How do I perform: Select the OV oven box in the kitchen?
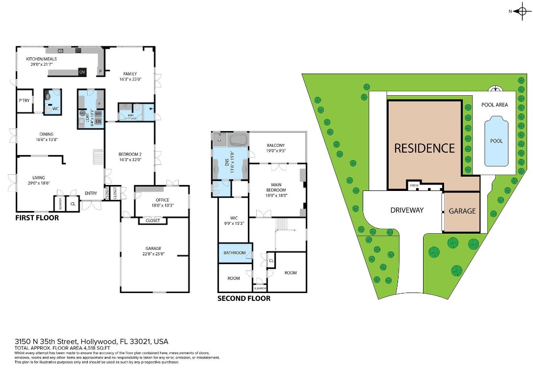click(82, 72)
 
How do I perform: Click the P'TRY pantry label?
click(24, 100)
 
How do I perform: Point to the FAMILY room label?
click(130, 74)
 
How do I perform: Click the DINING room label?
click(47, 134)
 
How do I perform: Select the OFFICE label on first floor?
click(162, 200)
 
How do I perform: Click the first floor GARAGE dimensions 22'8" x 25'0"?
click(154, 254)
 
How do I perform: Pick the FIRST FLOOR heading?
click(37, 217)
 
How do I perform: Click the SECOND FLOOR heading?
click(244, 298)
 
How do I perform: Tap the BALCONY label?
click(276, 145)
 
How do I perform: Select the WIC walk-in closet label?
click(233, 218)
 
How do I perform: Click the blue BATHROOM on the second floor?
click(235, 253)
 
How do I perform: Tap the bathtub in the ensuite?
click(239, 140)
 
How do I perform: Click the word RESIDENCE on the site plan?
click(425, 148)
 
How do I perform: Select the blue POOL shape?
click(496, 141)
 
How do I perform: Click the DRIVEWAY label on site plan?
click(407, 210)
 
